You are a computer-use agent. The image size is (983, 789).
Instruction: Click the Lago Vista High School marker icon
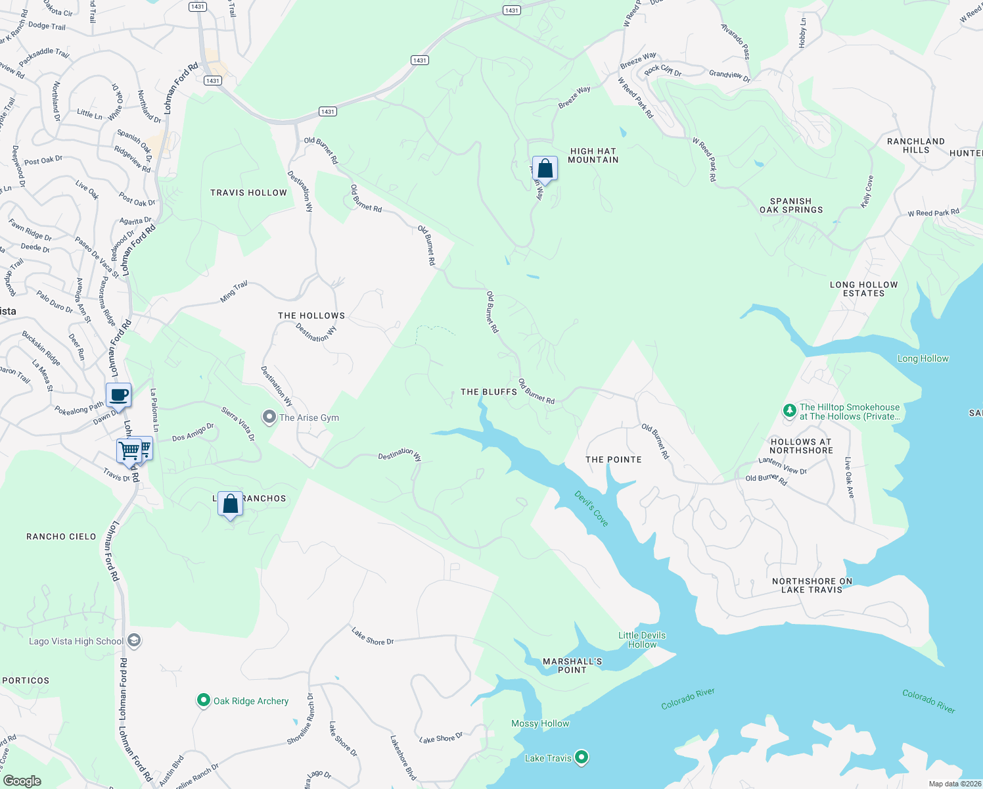134,641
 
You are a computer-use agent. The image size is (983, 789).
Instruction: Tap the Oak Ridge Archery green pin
204,701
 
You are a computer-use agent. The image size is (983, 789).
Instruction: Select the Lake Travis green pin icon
582,758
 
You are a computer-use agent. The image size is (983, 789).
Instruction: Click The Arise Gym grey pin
269,417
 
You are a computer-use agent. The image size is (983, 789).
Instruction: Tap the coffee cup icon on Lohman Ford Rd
118,395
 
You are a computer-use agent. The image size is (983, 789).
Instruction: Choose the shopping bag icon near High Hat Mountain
545,168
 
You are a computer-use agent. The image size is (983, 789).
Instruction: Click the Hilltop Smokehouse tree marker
790,411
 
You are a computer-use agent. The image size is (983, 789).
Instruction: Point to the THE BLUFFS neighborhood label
489,392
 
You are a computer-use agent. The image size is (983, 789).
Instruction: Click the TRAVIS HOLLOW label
248,193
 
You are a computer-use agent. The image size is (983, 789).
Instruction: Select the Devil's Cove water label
591,508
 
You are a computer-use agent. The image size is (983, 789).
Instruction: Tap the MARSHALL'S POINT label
572,665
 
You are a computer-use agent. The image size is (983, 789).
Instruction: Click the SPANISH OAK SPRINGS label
791,206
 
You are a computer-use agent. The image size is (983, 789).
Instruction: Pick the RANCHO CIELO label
61,537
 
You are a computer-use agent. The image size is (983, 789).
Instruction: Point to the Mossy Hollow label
540,723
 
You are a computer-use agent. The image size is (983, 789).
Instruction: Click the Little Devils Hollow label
642,640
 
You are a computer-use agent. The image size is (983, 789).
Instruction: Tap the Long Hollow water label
923,358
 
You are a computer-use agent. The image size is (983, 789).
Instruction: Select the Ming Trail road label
234,291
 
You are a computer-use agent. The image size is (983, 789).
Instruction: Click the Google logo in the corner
22,780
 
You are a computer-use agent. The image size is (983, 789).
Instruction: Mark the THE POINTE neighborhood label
614,460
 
